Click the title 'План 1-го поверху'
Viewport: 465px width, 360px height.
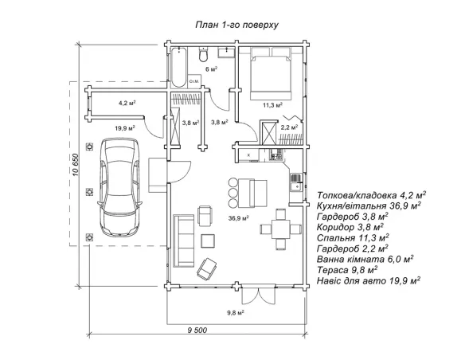click(236, 25)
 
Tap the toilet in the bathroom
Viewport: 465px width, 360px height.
click(203, 54)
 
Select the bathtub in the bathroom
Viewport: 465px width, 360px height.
click(179, 68)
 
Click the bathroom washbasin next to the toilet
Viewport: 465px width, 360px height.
click(227, 53)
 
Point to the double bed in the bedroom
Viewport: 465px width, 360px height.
click(270, 73)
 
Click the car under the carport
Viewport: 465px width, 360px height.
click(119, 187)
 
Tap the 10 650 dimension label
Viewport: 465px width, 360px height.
click(76, 165)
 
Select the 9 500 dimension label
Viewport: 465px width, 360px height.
click(197, 330)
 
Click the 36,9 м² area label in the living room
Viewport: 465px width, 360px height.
click(238, 218)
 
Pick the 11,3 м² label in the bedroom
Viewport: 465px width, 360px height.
click(272, 104)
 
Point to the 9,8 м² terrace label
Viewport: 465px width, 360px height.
click(236, 312)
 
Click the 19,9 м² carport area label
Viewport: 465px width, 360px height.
click(125, 128)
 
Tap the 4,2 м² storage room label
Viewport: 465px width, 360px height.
click(127, 103)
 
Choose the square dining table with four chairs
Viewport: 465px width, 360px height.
click(280, 229)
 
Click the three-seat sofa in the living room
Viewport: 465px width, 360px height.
click(184, 241)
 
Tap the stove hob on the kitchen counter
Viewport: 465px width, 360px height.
click(276, 155)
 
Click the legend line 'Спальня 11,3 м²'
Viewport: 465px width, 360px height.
click(353, 238)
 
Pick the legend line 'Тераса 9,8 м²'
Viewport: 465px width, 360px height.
click(347, 270)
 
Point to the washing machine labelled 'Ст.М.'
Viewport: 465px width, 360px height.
click(194, 80)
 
